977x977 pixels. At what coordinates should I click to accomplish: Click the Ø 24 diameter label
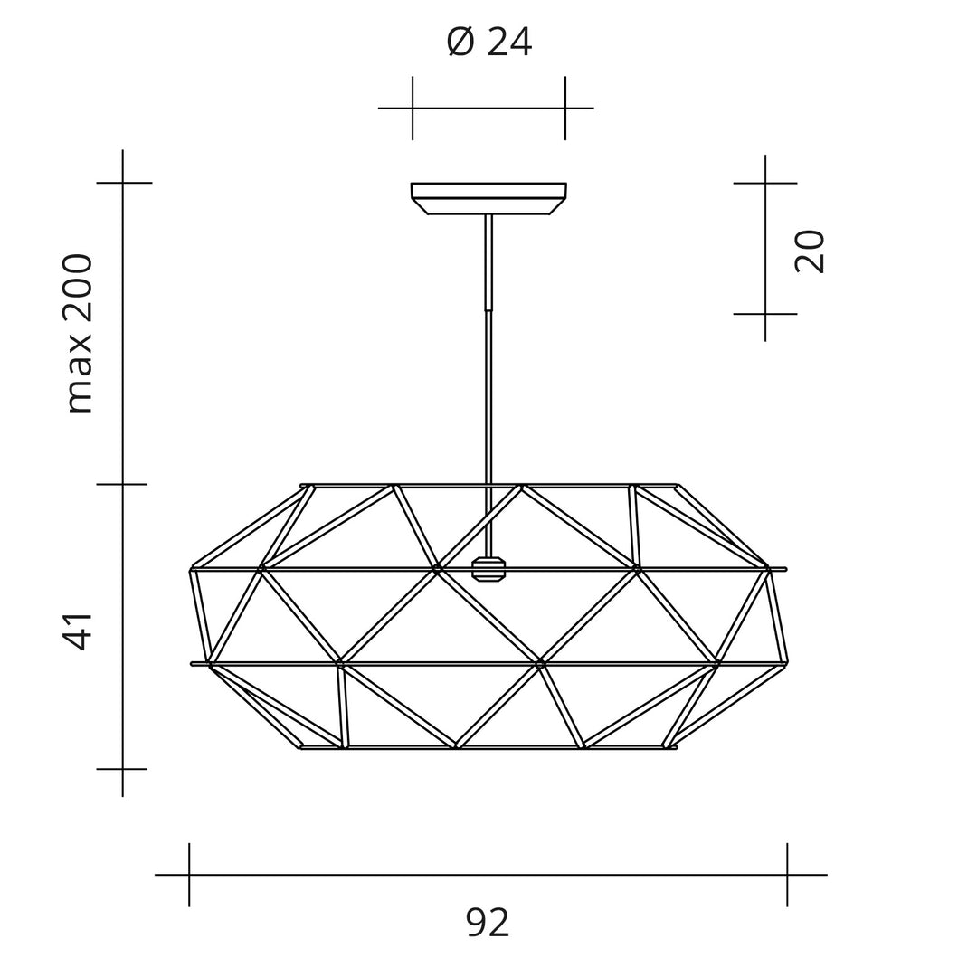click(x=488, y=42)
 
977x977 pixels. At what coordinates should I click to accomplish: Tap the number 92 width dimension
click(x=488, y=923)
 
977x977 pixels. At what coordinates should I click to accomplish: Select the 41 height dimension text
click(x=79, y=631)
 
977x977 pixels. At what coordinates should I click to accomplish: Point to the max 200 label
click(x=79, y=333)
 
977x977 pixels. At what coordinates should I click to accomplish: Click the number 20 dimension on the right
click(x=809, y=251)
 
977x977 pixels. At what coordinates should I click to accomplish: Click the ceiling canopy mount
click(x=488, y=198)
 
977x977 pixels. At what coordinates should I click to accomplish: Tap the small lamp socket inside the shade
click(x=488, y=569)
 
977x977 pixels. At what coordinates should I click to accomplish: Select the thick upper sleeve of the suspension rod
click(x=488, y=262)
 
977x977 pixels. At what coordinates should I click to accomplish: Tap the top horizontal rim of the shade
click(x=488, y=486)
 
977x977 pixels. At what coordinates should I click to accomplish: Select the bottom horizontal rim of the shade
click(x=488, y=747)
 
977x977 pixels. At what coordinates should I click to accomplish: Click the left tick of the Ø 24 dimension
click(x=413, y=108)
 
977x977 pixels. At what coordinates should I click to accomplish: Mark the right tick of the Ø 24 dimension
click(x=565, y=108)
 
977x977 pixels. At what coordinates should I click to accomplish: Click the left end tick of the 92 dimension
click(x=189, y=875)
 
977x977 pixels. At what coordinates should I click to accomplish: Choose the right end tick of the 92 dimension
click(x=787, y=875)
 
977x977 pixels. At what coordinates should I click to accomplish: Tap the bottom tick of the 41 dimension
click(x=123, y=769)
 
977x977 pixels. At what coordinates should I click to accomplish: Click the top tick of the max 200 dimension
click(x=123, y=183)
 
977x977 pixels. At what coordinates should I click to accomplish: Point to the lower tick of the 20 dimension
click(x=765, y=314)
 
